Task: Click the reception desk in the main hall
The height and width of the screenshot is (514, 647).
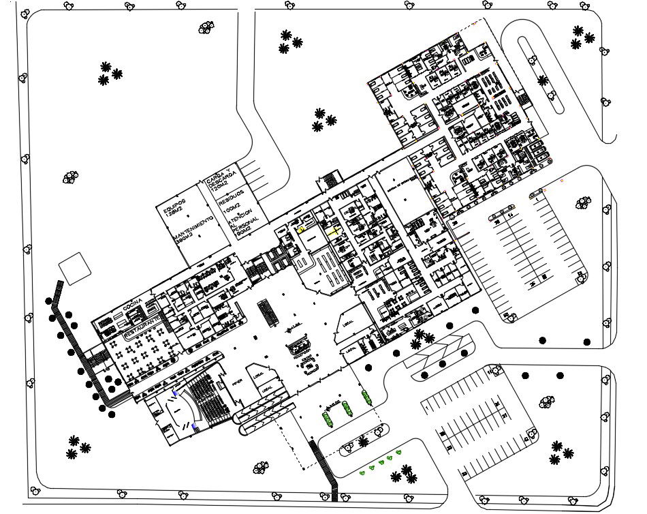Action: tap(302, 347)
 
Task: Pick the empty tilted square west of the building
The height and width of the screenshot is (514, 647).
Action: tap(75, 267)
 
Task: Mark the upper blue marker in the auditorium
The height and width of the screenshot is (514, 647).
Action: tap(175, 393)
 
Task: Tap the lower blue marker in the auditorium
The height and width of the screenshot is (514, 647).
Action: tap(195, 427)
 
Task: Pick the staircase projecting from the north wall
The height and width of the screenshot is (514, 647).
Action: tap(328, 180)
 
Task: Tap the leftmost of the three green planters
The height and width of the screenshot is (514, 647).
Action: tap(327, 417)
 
